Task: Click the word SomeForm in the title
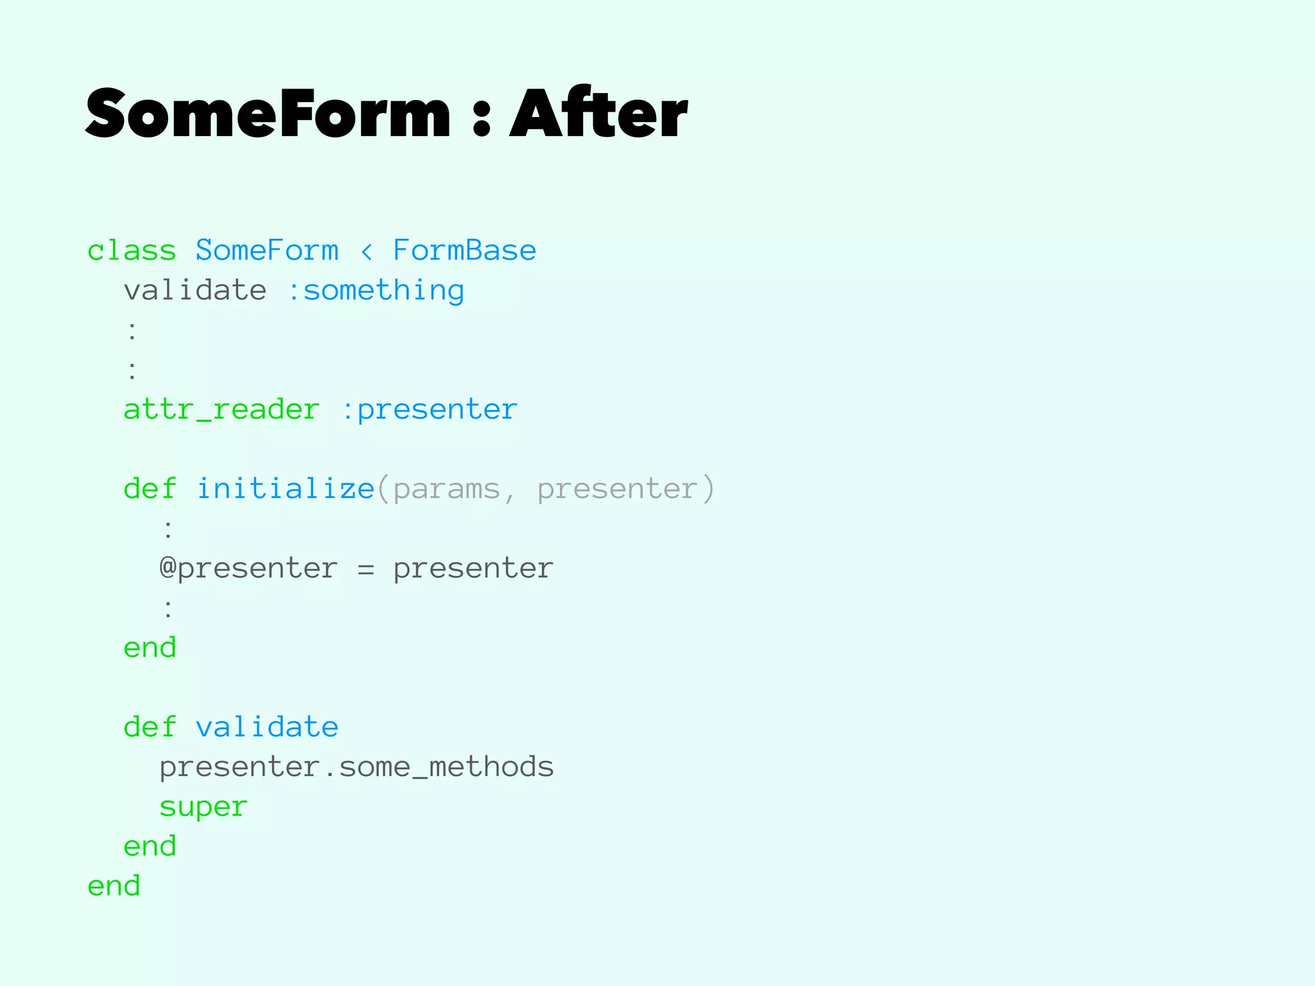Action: coord(268,114)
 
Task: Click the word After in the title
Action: coord(598,114)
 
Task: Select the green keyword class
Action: coord(132,250)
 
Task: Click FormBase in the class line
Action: coord(464,250)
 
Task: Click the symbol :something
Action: coord(375,291)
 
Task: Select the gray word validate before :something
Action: coord(195,290)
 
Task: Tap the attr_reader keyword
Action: coord(222,410)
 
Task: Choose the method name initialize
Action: coord(285,489)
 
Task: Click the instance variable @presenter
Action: coord(248,569)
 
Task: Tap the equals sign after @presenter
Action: coord(366,569)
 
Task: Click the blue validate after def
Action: coord(266,727)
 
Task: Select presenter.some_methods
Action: coord(356,767)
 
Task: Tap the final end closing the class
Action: coord(114,886)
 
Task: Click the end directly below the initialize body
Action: coord(150,648)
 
